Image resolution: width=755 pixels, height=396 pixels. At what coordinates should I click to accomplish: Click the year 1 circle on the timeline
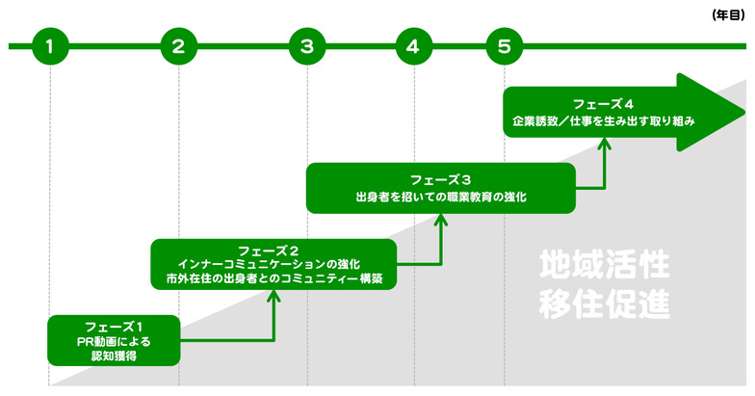(49, 45)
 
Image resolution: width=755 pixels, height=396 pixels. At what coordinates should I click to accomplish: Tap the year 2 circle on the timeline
(178, 45)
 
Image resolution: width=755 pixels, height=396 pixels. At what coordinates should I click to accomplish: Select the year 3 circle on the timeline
(306, 45)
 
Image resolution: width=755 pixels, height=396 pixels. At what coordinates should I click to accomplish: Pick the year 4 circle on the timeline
(413, 45)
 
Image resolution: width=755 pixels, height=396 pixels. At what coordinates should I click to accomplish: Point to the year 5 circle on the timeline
(505, 45)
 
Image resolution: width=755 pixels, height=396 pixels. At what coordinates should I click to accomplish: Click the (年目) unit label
(726, 14)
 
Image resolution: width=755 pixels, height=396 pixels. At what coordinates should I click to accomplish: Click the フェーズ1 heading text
(114, 326)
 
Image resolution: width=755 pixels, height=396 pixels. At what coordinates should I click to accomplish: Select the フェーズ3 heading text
(440, 179)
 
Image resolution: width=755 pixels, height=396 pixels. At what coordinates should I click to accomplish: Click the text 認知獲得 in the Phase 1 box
(114, 356)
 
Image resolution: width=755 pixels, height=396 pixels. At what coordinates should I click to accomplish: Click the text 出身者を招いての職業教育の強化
(440, 197)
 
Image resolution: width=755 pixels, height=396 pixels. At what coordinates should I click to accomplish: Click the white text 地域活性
(604, 264)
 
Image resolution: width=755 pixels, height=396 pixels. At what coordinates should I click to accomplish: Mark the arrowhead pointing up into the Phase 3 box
(442, 219)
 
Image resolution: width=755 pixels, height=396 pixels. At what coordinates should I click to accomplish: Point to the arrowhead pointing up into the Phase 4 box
(605, 143)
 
